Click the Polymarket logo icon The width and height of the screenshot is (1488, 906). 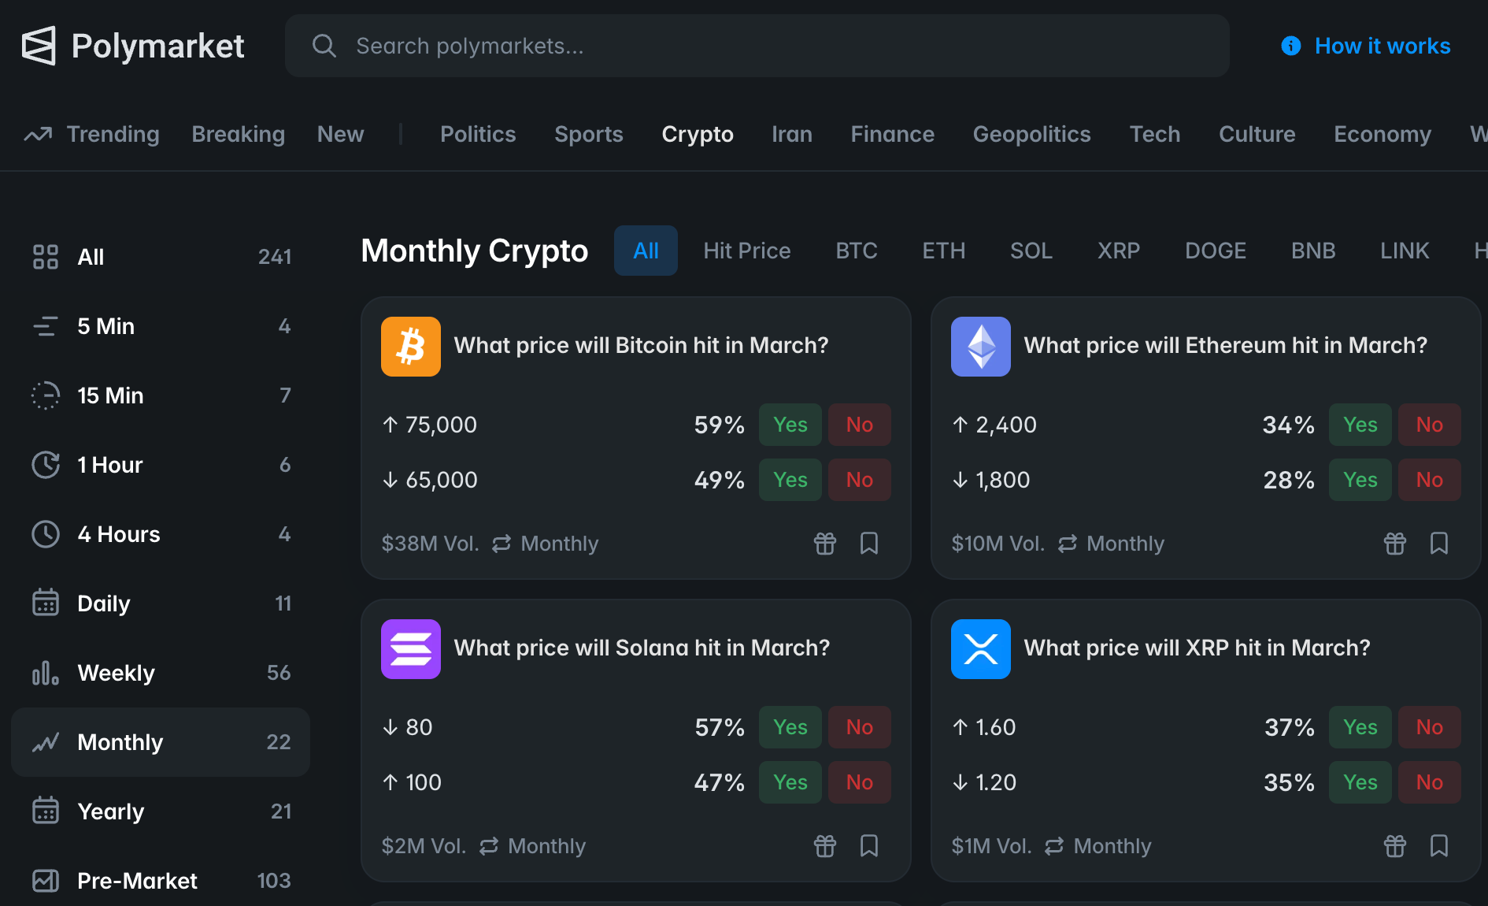tap(39, 46)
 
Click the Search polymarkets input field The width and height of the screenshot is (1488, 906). tap(756, 46)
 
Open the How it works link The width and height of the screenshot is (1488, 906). tap(1382, 46)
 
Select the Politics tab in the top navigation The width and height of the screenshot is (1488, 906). tap(478, 134)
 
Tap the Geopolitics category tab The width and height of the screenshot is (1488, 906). tap(1031, 134)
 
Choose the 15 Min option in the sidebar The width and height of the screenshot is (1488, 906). tap(110, 395)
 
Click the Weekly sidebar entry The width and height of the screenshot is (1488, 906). tap(116, 673)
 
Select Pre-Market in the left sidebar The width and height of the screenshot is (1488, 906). tap(137, 881)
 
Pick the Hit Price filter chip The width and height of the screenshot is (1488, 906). tap(746, 251)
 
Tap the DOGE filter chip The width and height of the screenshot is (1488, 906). tap(1215, 251)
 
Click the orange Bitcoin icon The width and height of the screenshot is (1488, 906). tap(411, 347)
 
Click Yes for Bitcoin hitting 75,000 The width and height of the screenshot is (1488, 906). tap(790, 425)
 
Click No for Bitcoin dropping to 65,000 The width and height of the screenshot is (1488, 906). tap(859, 480)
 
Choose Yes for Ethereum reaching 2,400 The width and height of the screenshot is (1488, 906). tap(1360, 425)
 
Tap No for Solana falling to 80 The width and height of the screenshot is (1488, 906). tap(859, 727)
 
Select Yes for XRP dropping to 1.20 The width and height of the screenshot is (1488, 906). tap(1360, 782)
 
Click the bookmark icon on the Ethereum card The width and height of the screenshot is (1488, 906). tap(1438, 543)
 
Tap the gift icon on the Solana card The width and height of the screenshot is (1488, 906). tap(824, 845)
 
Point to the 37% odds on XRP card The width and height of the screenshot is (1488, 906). tap(1289, 727)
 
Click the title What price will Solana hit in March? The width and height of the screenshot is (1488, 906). tap(642, 648)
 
